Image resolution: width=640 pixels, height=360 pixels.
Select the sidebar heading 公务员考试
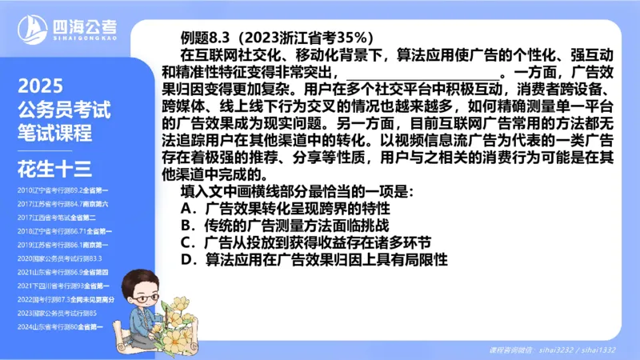64,110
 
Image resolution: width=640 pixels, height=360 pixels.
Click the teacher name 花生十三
54,167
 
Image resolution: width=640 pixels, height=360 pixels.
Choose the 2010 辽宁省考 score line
62,190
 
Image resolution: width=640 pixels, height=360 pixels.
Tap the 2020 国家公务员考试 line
61,258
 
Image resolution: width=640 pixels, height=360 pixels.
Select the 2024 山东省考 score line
62,326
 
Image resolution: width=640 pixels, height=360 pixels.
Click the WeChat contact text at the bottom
552,350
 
